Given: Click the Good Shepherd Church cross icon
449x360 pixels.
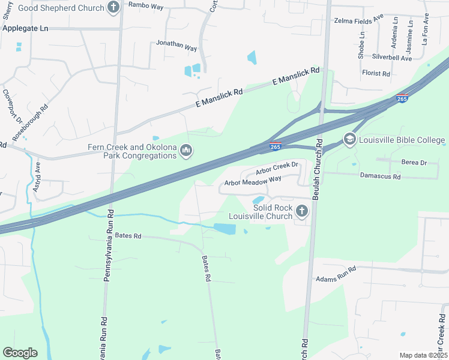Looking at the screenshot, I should coord(113,7).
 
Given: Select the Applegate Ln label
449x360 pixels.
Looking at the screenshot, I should coord(25,28).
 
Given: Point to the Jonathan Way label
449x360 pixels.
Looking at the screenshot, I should coord(176,46).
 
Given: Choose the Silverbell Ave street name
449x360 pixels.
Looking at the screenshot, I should coord(392,58).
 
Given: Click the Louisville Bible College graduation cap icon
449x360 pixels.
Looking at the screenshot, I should coord(349,140).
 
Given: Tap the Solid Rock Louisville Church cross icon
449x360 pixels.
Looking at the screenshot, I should coord(301,211).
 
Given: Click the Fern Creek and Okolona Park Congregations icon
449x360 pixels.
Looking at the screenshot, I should coord(185,151).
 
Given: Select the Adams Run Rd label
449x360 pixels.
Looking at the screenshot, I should coord(336,274).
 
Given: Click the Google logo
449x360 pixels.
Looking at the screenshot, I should coord(20,352).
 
